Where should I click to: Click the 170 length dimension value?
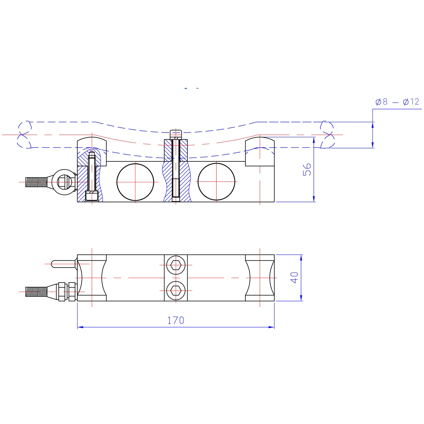point(176,320)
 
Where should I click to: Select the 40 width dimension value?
point(294,278)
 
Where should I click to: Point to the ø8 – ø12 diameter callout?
point(397,102)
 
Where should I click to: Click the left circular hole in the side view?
point(135,182)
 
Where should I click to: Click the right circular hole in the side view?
point(216,182)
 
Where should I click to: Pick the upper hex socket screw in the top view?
point(176,265)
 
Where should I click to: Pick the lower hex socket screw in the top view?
point(176,291)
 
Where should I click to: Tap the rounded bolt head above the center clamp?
point(176,135)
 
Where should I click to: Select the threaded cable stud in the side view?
point(36,182)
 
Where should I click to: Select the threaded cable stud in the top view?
point(36,292)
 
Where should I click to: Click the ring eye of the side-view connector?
point(65,182)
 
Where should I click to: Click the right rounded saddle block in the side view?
point(259,151)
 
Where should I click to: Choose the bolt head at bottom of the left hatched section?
point(92,196)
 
